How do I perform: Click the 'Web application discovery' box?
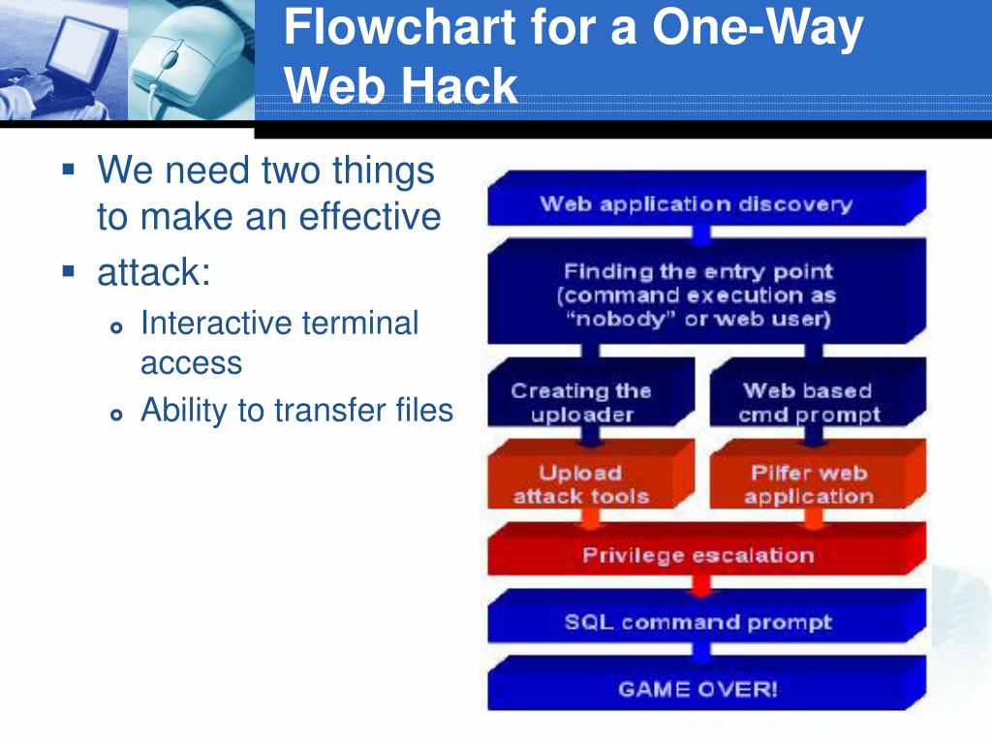[696, 203]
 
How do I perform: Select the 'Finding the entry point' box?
[697, 294]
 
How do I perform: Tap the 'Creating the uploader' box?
[581, 403]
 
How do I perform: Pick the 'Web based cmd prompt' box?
[808, 403]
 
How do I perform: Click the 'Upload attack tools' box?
[581, 484]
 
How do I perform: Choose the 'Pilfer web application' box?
[808, 484]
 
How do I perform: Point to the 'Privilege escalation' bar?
[697, 555]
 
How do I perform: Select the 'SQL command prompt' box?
[697, 622]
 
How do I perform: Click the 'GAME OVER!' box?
[697, 690]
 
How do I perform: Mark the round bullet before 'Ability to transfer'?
[117, 415]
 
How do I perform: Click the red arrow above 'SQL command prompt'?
[699, 584]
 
